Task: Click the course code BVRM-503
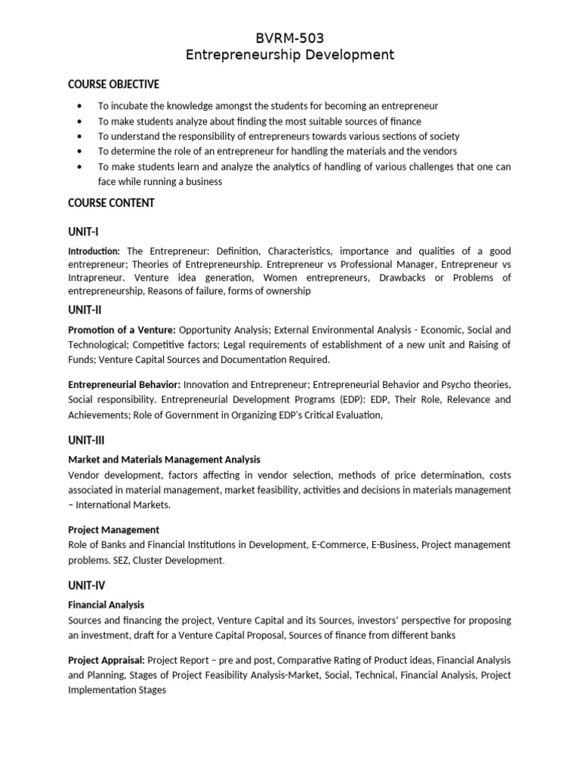pos(289,38)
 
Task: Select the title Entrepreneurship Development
pos(289,55)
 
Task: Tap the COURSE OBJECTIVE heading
pos(113,84)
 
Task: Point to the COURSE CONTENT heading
pos(111,202)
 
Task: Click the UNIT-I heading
pos(83,232)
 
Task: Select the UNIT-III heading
pos(86,439)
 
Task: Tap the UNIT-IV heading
pos(86,585)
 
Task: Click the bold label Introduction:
pos(94,251)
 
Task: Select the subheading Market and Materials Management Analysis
pos(164,459)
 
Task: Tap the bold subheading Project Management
pos(113,529)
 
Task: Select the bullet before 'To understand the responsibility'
pos(80,137)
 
